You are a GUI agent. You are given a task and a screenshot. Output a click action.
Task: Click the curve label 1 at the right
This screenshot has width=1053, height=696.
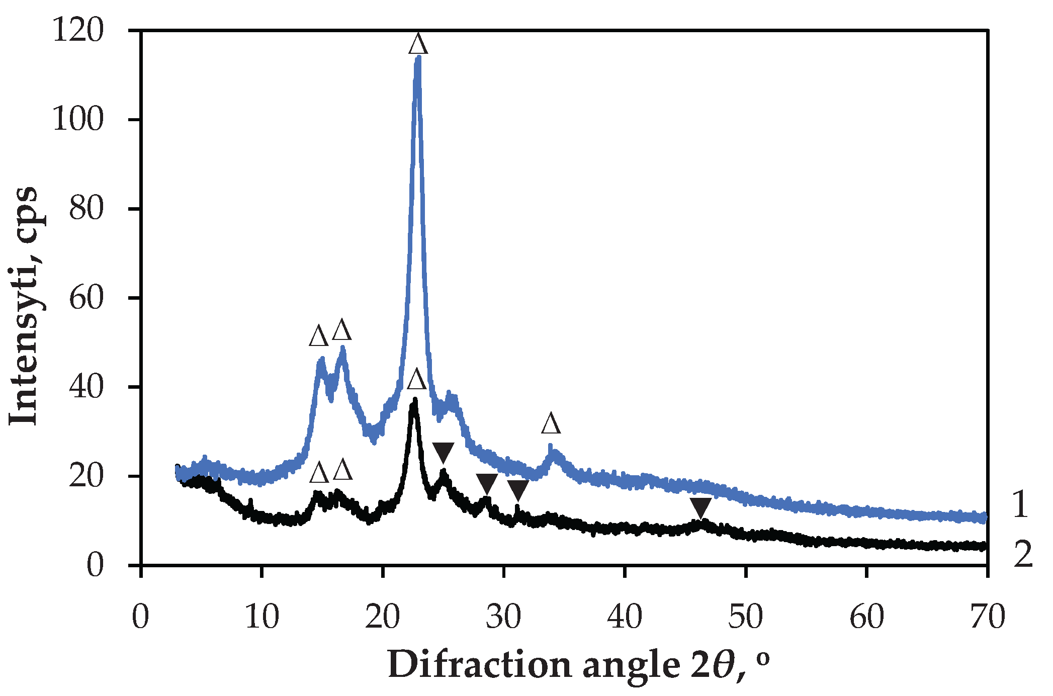tap(1020, 505)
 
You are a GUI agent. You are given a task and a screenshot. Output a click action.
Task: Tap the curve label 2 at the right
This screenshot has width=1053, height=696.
tap(1023, 554)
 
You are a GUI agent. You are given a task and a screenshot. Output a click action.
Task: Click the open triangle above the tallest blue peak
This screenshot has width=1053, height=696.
tap(418, 44)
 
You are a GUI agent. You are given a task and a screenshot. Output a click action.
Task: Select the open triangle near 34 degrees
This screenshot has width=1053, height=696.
tap(551, 424)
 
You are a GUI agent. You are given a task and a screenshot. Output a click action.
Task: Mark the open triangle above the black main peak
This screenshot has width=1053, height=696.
tap(416, 380)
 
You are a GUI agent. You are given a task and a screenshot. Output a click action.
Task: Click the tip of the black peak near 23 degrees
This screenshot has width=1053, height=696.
tap(415, 400)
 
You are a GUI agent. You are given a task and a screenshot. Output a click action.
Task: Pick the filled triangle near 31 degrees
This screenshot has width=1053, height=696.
tap(517, 490)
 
